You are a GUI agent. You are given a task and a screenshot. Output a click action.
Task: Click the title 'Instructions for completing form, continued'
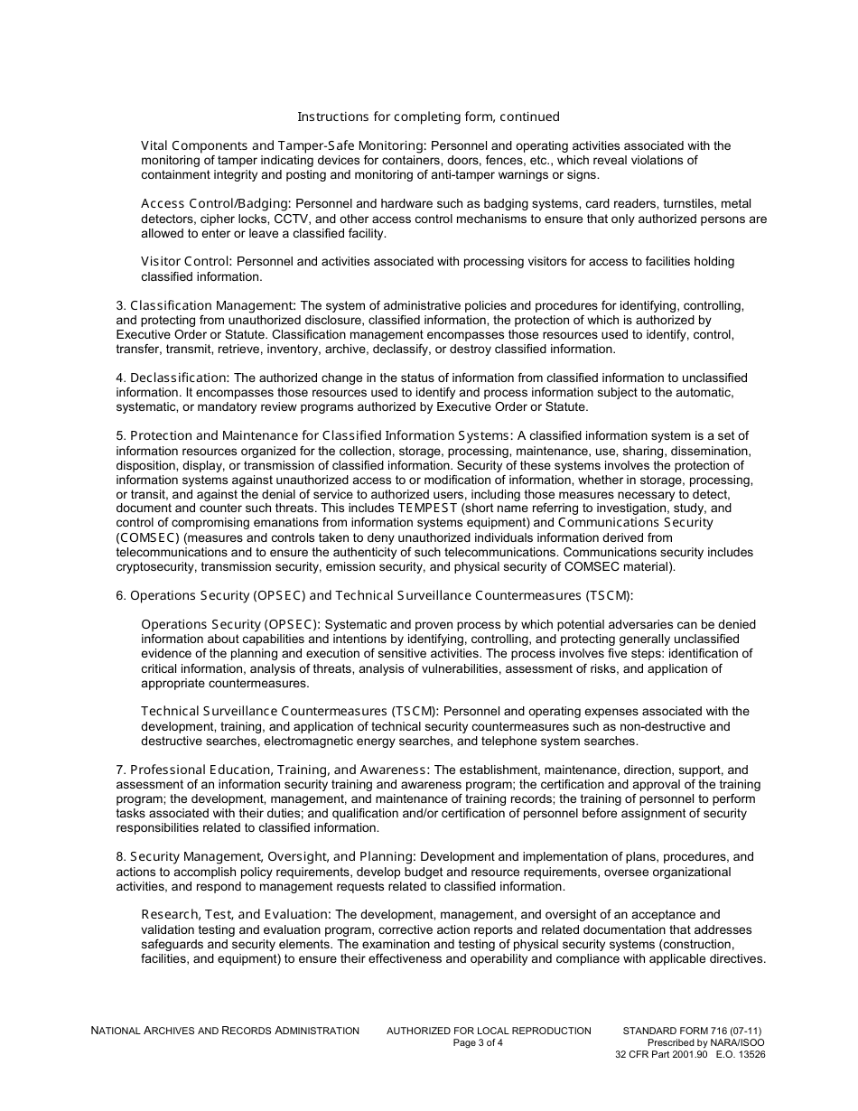pyautogui.click(x=428, y=117)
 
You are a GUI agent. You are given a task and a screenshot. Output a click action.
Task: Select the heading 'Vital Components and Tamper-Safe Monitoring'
pyautogui.click(x=283, y=145)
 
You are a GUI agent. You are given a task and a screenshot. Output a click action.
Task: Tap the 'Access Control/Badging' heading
pyautogui.click(x=216, y=203)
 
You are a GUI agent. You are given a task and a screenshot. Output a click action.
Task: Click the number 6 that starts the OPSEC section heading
pyautogui.click(x=120, y=595)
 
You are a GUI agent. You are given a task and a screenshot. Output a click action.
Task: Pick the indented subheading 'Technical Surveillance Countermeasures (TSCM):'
pyautogui.click(x=290, y=711)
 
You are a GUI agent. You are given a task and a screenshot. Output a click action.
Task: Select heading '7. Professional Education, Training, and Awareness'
pyautogui.click(x=274, y=770)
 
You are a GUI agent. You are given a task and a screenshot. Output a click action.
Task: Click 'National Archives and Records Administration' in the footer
pyautogui.click(x=225, y=1031)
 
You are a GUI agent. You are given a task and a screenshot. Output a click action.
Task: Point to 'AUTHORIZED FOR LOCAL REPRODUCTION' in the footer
pyautogui.click(x=489, y=1031)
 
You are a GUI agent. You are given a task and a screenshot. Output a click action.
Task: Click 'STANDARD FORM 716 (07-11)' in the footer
pyautogui.click(x=697, y=1031)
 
